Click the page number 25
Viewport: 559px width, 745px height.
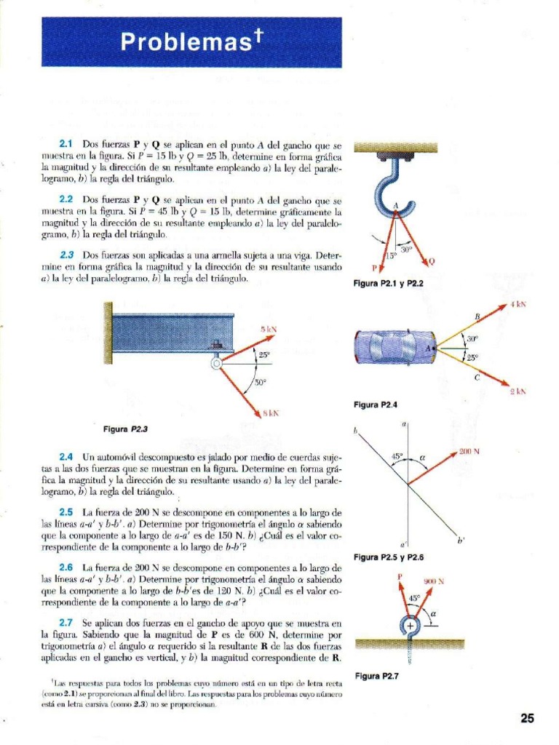click(x=528, y=719)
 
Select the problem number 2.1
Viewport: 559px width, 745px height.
click(x=66, y=145)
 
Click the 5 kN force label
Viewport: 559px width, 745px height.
click(x=269, y=330)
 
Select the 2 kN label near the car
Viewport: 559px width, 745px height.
click(x=518, y=391)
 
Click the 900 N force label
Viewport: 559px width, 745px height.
click(x=434, y=581)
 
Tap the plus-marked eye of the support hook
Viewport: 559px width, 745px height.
click(x=410, y=625)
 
